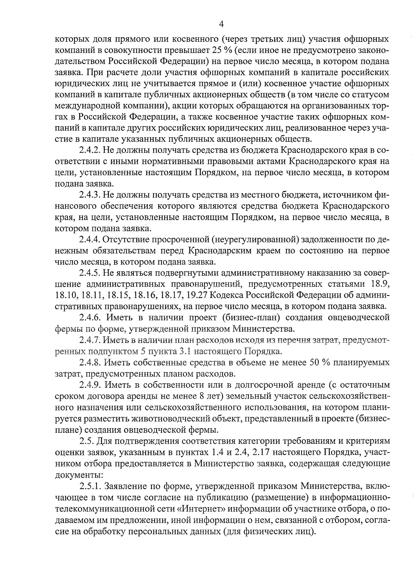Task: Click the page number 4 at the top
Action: tap(221, 24)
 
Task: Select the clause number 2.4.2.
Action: tap(90, 150)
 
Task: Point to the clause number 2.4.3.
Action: tap(90, 195)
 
